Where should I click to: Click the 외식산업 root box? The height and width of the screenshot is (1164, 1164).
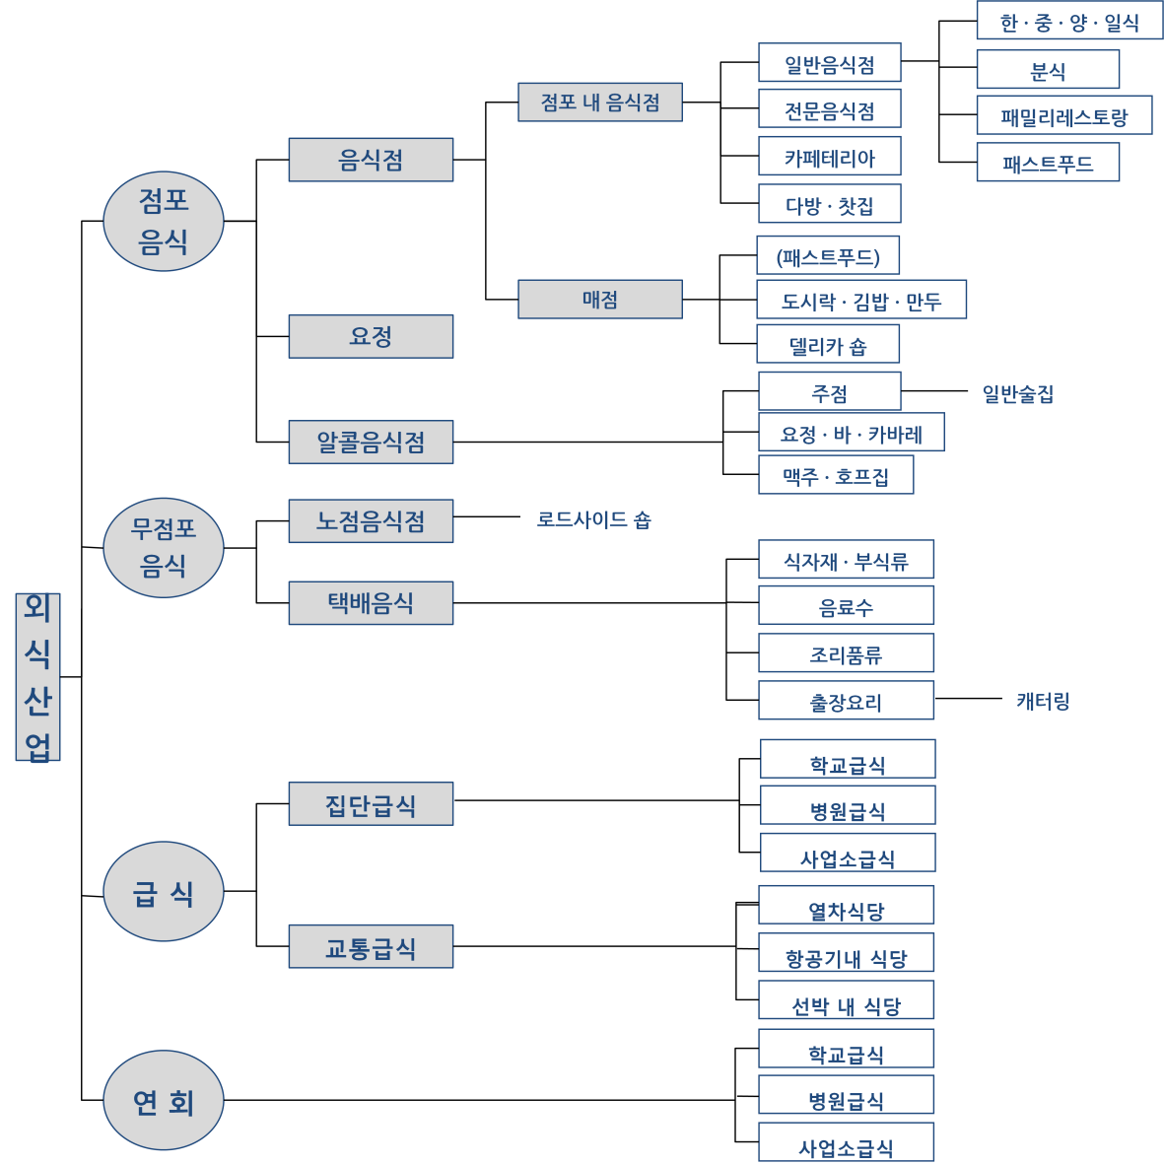click(37, 676)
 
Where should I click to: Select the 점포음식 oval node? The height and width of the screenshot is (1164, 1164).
click(164, 221)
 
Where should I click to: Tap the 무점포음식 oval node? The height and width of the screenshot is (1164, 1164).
click(164, 547)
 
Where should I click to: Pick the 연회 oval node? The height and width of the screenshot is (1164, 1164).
click(164, 1099)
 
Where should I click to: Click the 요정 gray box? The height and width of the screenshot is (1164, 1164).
click(371, 336)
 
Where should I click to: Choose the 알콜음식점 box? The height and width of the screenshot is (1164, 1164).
click(371, 442)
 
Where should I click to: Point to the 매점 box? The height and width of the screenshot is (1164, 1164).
click(599, 299)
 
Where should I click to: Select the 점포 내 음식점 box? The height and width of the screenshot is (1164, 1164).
click(599, 102)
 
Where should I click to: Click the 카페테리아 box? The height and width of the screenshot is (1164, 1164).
click(829, 157)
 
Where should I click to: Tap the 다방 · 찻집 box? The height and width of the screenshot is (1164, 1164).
click(829, 204)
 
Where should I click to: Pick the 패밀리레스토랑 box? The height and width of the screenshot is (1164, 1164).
click(1063, 116)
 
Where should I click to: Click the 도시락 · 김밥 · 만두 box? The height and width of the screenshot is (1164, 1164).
click(860, 300)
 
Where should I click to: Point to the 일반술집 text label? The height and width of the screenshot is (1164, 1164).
click(1017, 394)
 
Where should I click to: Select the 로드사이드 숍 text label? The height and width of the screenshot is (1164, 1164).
click(593, 519)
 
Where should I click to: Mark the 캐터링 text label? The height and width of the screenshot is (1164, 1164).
click(1043, 701)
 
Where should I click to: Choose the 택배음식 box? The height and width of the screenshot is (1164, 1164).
click(371, 602)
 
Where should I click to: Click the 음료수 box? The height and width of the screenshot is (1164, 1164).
click(846, 606)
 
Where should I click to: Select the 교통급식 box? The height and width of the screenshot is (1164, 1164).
click(371, 946)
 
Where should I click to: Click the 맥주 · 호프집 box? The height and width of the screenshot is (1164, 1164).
click(835, 476)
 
